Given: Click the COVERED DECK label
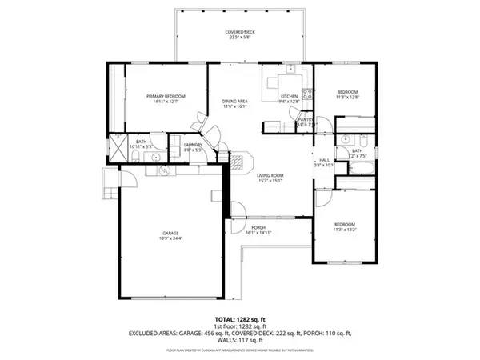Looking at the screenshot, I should (x=239, y=32).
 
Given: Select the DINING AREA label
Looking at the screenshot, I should (x=234, y=101).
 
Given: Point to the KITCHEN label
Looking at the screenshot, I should (x=287, y=96).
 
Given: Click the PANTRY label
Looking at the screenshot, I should (x=306, y=119).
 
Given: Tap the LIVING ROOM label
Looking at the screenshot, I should (x=271, y=175).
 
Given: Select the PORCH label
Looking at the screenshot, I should (x=258, y=227).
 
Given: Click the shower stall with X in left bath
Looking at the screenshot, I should (x=114, y=148).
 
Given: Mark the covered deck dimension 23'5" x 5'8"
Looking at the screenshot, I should (x=239, y=38).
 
